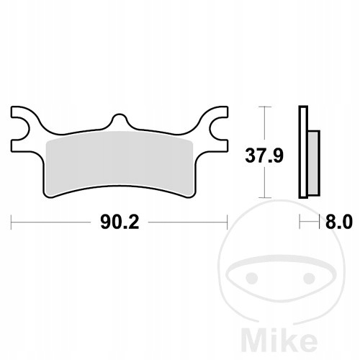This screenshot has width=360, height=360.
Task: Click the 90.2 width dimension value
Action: (120, 222)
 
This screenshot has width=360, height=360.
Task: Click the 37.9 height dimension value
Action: (264, 156)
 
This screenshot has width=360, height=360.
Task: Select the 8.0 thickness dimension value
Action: (339, 222)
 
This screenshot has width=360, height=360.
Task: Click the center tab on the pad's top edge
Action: (119, 120)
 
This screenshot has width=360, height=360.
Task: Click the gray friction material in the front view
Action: (120, 163)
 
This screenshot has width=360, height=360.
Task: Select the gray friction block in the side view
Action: (314, 163)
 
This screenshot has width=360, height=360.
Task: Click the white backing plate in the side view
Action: (303, 152)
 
